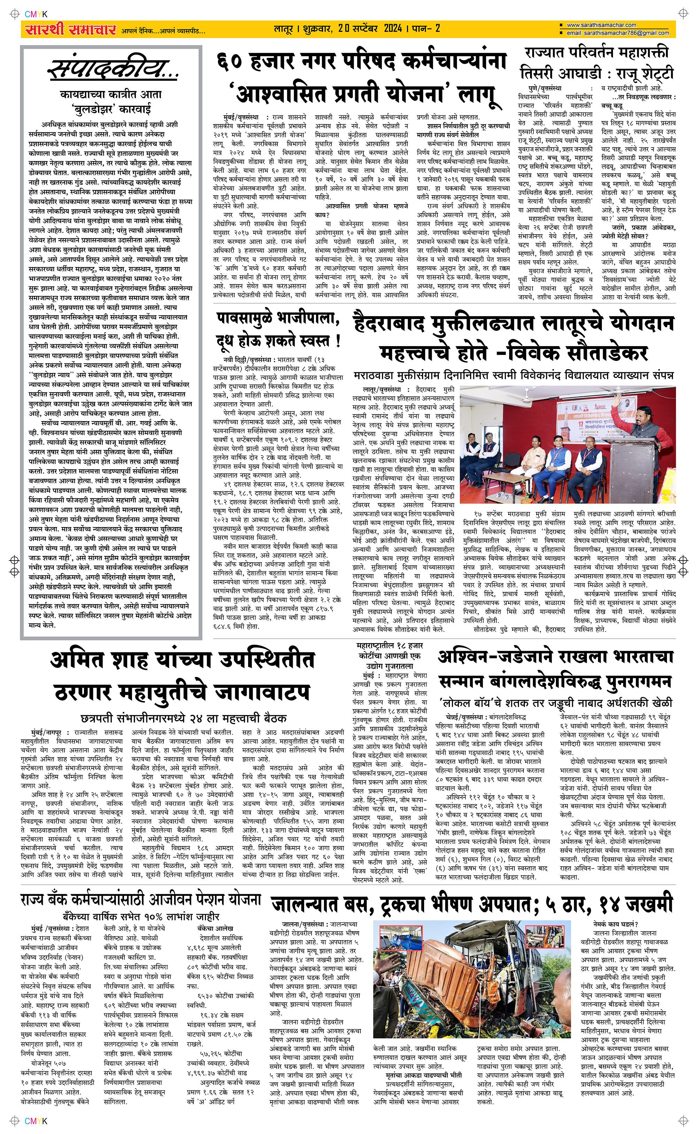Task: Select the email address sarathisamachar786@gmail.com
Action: coord(618,33)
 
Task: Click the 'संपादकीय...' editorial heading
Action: coord(113,70)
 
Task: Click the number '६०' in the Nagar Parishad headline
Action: coord(232,62)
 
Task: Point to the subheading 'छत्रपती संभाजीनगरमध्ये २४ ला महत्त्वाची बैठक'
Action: coord(183,718)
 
